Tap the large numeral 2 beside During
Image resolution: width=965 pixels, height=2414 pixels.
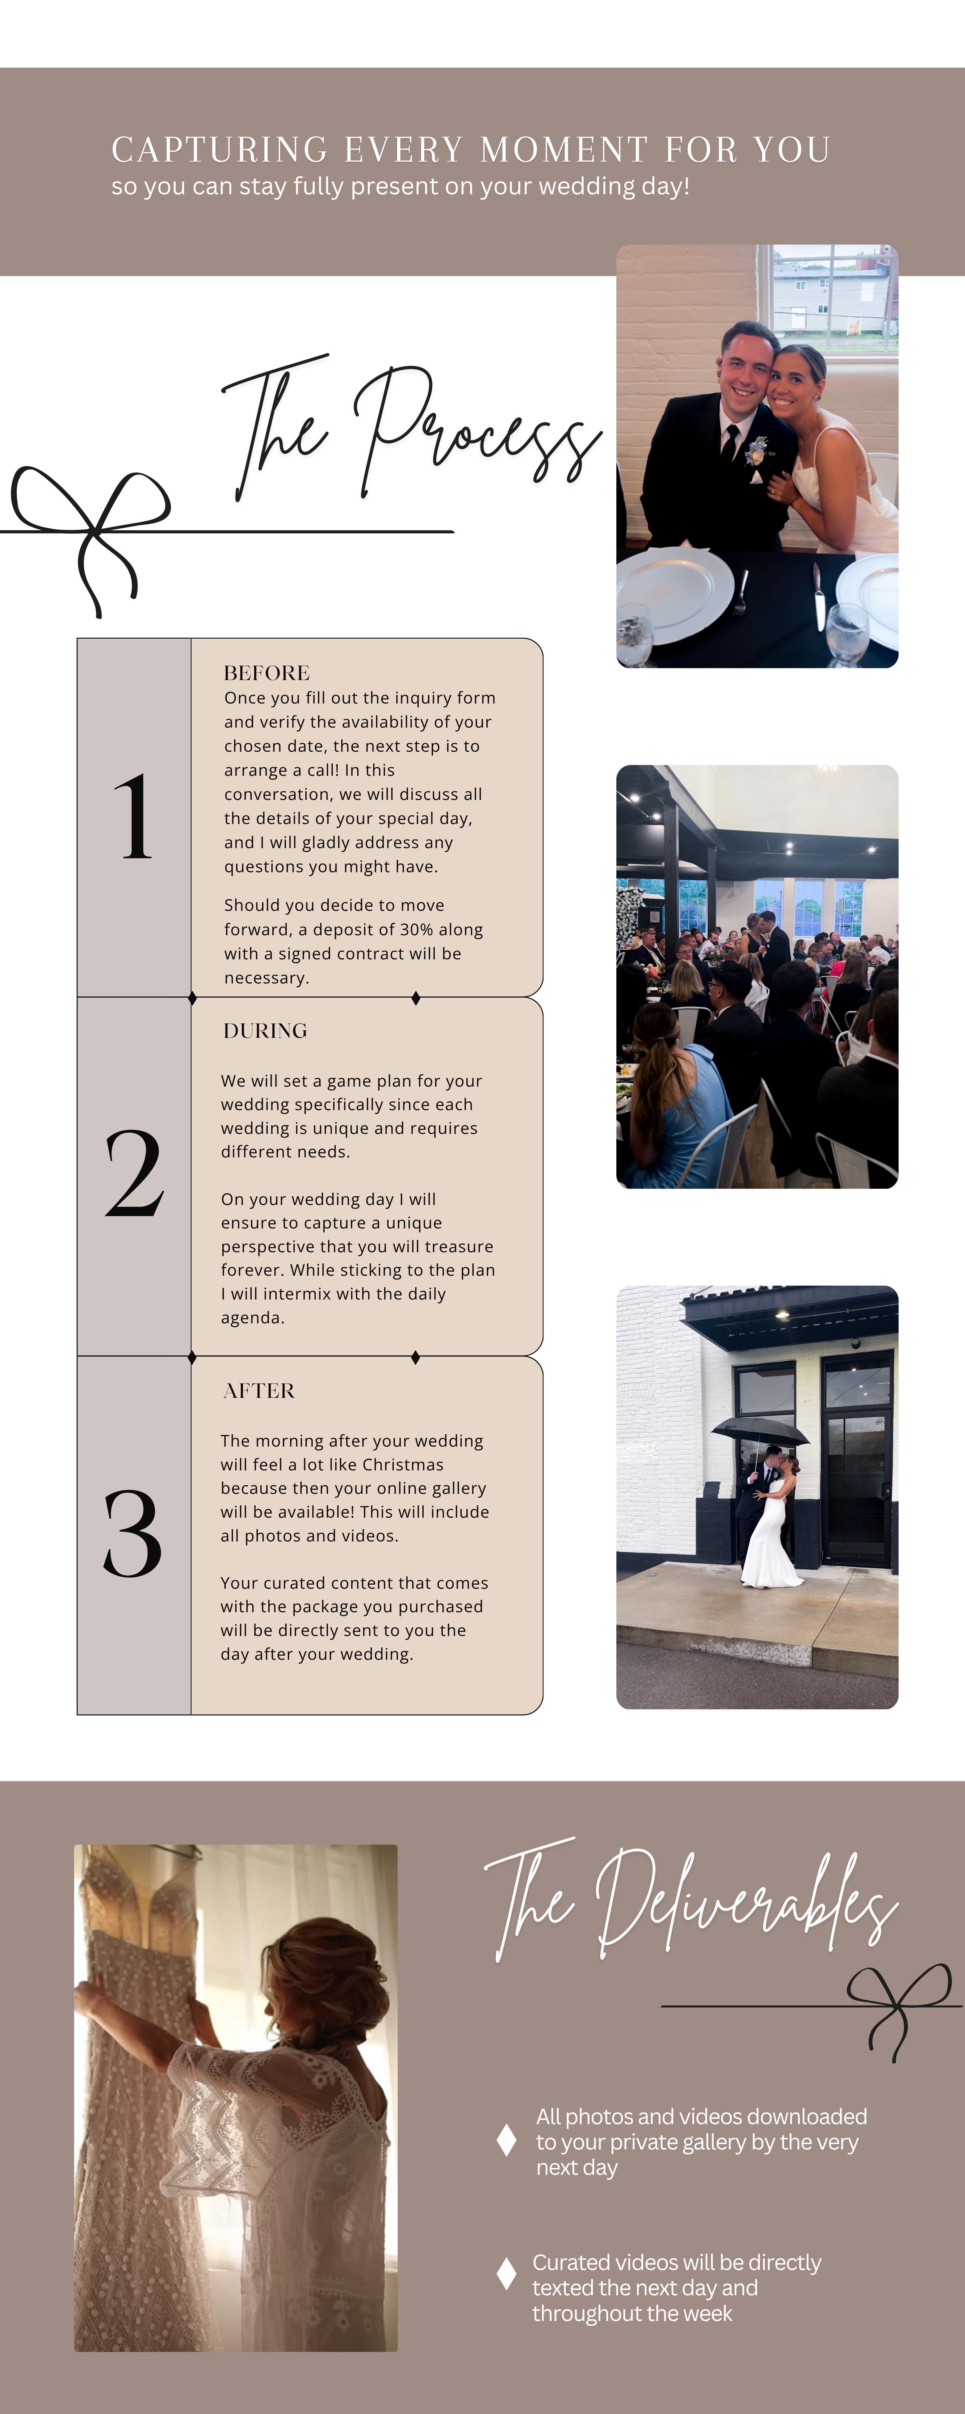tap(134, 1173)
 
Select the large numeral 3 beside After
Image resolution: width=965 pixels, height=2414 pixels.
tap(133, 1533)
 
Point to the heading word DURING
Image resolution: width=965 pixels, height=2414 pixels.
tap(265, 1031)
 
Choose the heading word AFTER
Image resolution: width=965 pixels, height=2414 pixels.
tap(258, 1391)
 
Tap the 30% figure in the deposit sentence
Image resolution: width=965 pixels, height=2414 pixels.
tap(417, 930)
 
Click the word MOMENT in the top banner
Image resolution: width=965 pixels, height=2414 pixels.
tap(564, 150)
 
